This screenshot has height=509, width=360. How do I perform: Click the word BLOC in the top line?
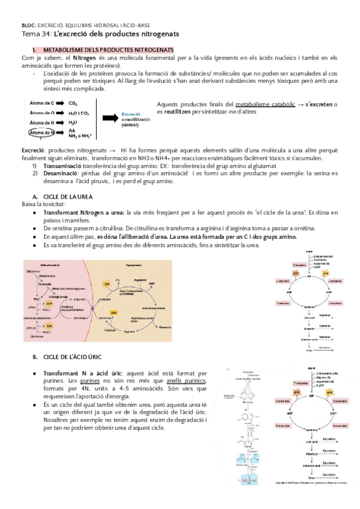pyautogui.click(x=28, y=26)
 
